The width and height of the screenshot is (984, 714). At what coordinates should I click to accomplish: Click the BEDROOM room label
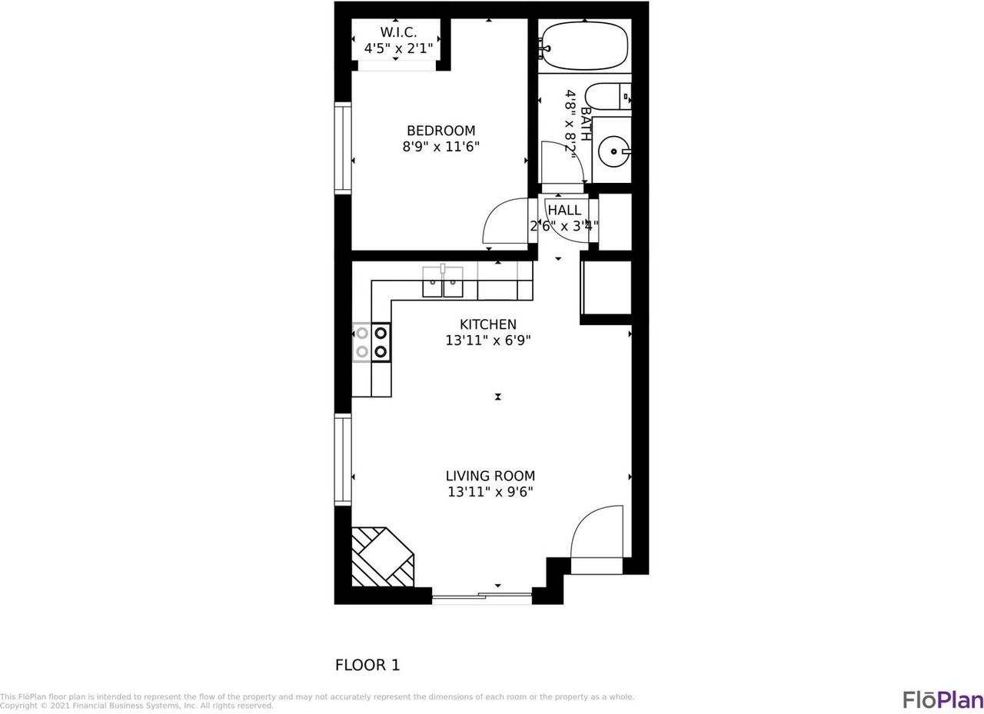[440, 131]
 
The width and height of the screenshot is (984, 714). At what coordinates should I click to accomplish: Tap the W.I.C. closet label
[398, 32]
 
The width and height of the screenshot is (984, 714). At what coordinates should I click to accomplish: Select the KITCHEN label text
[487, 324]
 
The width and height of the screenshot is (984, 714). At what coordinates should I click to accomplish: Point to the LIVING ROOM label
[490, 476]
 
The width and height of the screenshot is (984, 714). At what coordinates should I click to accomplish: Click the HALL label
[564, 210]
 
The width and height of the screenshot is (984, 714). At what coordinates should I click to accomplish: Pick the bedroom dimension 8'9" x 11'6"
[440, 147]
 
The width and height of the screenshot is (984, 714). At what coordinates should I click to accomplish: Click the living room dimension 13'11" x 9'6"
[490, 492]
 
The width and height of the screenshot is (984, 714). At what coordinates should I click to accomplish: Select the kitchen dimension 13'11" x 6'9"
[487, 340]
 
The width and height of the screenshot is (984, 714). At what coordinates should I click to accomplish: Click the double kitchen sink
[443, 282]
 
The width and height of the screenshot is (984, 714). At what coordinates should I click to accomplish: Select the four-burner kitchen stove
[371, 343]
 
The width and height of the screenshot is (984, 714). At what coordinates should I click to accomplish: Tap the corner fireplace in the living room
[381, 557]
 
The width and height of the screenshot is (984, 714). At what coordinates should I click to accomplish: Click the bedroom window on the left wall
[343, 147]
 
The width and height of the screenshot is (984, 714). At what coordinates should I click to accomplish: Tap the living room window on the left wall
[343, 459]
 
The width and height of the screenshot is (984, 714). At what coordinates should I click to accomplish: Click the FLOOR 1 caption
[367, 665]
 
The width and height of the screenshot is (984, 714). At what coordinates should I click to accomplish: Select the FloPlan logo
[942, 699]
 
